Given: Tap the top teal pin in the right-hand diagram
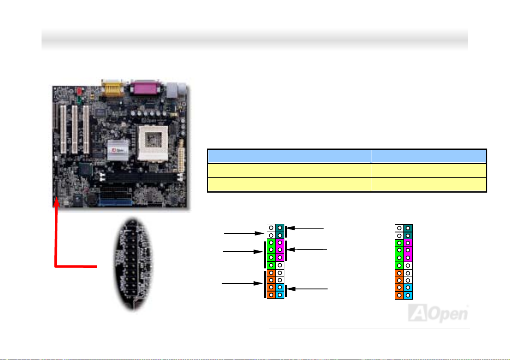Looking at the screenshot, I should click(407, 229).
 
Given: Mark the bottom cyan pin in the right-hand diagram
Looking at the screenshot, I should click(407, 295).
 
